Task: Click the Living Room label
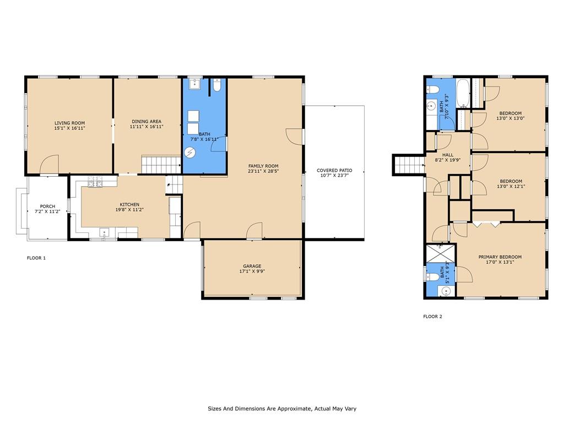[x=70, y=123]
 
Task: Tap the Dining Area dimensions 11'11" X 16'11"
[x=147, y=127]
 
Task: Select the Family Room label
[x=263, y=166]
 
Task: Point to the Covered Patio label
[x=334, y=171]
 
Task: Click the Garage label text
[x=252, y=266]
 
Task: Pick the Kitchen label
[x=129, y=205]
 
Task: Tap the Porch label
[x=47, y=207]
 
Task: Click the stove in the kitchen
[x=95, y=182]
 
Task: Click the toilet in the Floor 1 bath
[x=217, y=85]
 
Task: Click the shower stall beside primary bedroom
[x=440, y=253]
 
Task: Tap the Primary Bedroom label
[x=500, y=257]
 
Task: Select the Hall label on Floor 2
[x=448, y=155]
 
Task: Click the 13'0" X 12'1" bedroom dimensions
[x=511, y=186]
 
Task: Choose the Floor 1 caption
[x=36, y=258]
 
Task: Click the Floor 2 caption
[x=433, y=317]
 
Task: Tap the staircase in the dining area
[x=161, y=165]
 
